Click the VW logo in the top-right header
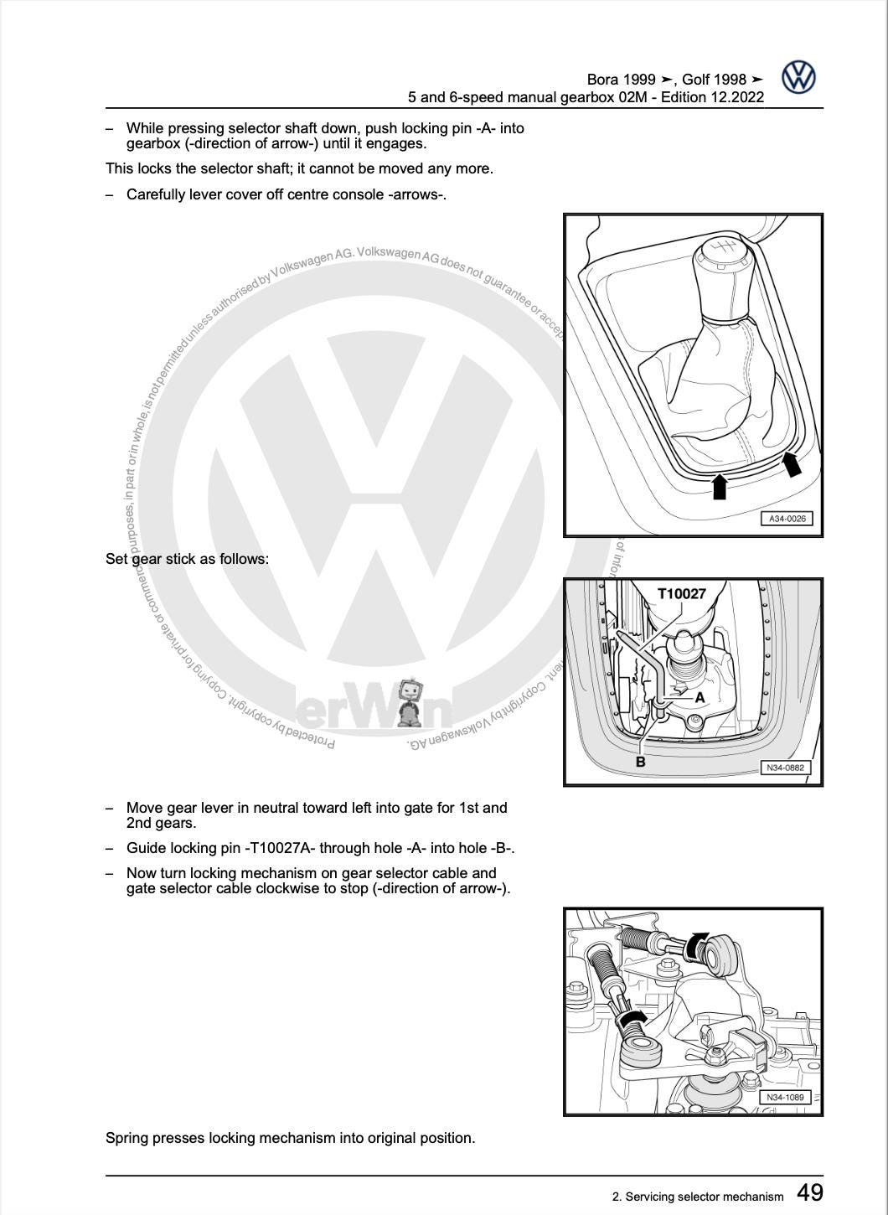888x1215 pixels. [798, 78]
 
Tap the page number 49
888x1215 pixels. [809, 1192]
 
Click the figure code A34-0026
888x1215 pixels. [787, 519]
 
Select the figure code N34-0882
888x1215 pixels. [785, 768]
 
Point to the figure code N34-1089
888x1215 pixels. [784, 1097]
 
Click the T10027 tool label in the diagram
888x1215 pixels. [681, 594]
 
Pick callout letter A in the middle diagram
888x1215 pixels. [700, 697]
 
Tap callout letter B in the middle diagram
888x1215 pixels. [641, 762]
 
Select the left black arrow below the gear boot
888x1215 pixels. [719, 487]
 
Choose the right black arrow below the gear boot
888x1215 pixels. [791, 463]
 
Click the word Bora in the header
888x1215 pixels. [603, 80]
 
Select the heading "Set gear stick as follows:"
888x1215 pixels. [187, 559]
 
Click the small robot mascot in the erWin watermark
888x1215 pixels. [408, 702]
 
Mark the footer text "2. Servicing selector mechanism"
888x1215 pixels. [698, 1197]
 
